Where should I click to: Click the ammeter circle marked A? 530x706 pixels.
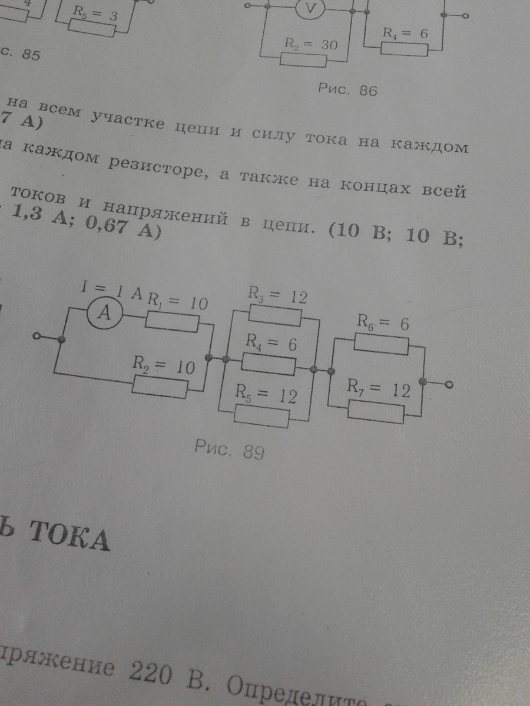point(104,314)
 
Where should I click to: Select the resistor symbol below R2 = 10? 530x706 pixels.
point(160,387)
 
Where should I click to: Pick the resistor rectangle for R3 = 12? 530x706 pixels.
point(275,315)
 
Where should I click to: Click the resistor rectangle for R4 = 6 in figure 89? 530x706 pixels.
point(269,365)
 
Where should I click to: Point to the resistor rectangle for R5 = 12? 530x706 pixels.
point(262,417)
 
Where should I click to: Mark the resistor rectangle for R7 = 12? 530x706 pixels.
point(376,412)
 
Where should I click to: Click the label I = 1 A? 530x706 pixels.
point(112,291)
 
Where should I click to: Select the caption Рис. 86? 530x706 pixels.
point(347,90)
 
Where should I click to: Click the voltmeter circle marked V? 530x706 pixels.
point(307,9)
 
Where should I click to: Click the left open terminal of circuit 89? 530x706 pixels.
point(37,338)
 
